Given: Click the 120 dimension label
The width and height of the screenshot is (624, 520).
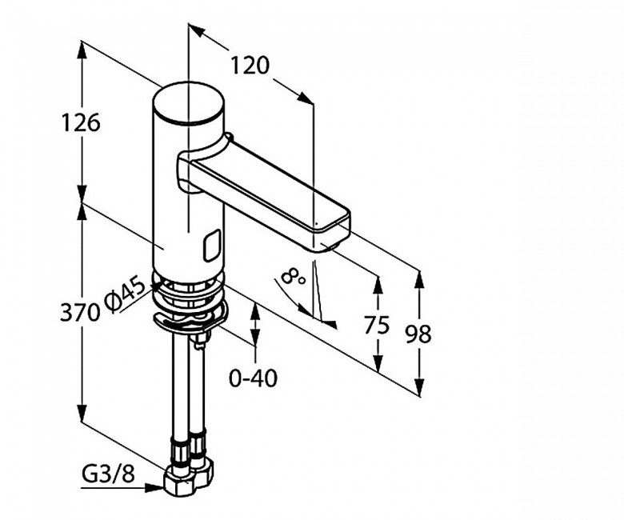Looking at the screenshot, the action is click(250, 66).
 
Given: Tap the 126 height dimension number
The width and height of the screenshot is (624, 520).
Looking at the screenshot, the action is click(80, 122).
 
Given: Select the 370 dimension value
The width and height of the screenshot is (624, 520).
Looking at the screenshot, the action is click(79, 312).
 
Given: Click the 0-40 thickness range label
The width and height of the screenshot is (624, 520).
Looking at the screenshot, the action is click(253, 378).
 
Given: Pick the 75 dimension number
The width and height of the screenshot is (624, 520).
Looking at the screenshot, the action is click(377, 325).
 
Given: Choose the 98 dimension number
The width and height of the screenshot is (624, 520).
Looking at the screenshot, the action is click(418, 334).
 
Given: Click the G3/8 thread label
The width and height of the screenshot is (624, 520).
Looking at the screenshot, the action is click(108, 474).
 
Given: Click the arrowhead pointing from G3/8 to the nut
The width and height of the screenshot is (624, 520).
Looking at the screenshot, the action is click(154, 487).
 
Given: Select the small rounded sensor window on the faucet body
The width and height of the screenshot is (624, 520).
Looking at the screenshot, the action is click(213, 246).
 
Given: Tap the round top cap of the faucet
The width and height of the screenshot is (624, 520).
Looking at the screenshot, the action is click(188, 102).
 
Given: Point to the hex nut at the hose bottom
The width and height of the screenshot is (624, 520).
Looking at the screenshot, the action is click(188, 478).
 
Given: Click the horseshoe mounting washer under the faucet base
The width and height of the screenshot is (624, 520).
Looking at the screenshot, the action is click(190, 316).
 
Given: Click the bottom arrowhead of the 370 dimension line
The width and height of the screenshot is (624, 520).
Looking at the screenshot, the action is click(82, 413).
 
